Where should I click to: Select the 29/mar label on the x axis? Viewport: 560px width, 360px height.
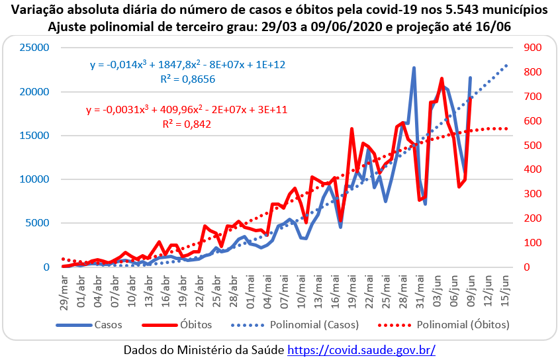coord(64,290)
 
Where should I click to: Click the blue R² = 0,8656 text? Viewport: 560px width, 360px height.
coord(188,79)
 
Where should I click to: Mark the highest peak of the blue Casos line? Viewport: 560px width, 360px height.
coord(414,67)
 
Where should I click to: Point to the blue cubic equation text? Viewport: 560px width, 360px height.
coord(188,65)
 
